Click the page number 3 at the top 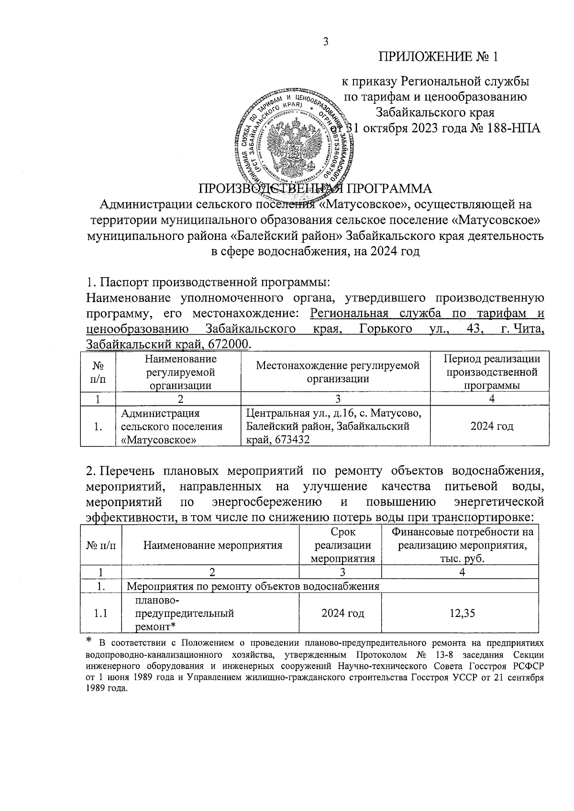click(x=326, y=42)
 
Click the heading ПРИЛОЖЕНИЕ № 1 click(x=439, y=57)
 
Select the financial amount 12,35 click(x=462, y=613)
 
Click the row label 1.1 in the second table click(x=100, y=613)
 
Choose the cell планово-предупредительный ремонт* click(x=184, y=613)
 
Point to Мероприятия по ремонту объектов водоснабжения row click(x=253, y=586)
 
